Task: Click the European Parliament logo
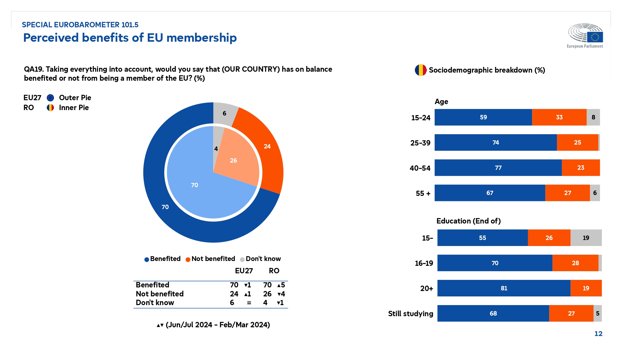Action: click(585, 35)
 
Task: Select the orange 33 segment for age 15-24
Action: click(559, 117)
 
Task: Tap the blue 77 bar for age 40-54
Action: click(498, 168)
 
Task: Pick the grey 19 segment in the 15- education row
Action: click(586, 238)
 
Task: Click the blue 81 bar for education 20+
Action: click(504, 288)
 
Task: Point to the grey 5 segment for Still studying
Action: click(597, 313)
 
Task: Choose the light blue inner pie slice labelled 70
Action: click(195, 186)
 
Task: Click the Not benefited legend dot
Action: click(188, 259)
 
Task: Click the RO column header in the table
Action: click(274, 271)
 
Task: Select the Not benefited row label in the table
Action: click(159, 294)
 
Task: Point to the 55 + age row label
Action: click(423, 193)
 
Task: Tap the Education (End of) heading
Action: click(468, 221)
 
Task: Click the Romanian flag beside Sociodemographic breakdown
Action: click(421, 70)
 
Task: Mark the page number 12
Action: click(598, 334)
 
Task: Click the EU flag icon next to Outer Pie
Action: click(50, 98)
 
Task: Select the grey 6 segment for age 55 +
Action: click(595, 193)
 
